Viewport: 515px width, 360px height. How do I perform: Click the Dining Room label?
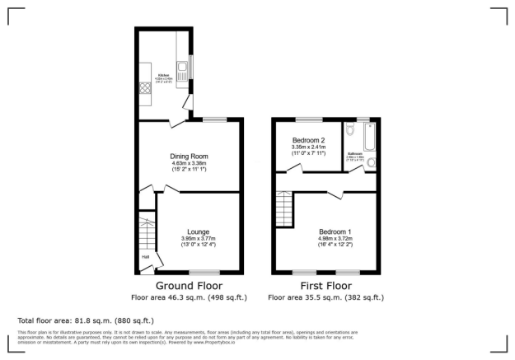point(190,157)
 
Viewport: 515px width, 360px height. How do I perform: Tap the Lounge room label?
point(197,231)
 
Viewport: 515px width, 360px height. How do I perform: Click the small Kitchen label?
point(164,73)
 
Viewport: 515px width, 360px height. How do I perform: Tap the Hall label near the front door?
point(146,257)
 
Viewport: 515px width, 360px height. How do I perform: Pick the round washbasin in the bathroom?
point(371,162)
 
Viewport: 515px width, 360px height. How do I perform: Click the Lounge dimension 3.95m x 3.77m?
point(197,239)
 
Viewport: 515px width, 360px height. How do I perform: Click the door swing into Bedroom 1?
point(338,195)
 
